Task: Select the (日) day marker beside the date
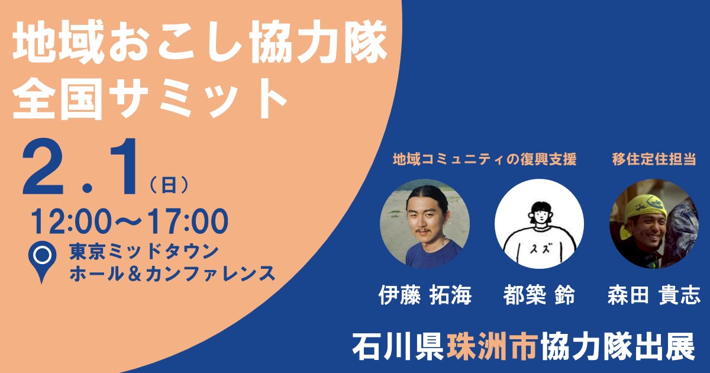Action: pos(169,185)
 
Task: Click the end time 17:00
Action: pos(188,221)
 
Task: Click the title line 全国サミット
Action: pos(150,99)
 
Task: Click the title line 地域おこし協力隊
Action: pos(200,42)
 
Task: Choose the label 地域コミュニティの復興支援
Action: pos(485,159)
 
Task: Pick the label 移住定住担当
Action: pos(654,159)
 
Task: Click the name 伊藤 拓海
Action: pos(425,295)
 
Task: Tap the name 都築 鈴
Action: pos(539,295)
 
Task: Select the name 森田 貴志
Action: pos(654,295)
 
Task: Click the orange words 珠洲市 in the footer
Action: pos(493,345)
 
